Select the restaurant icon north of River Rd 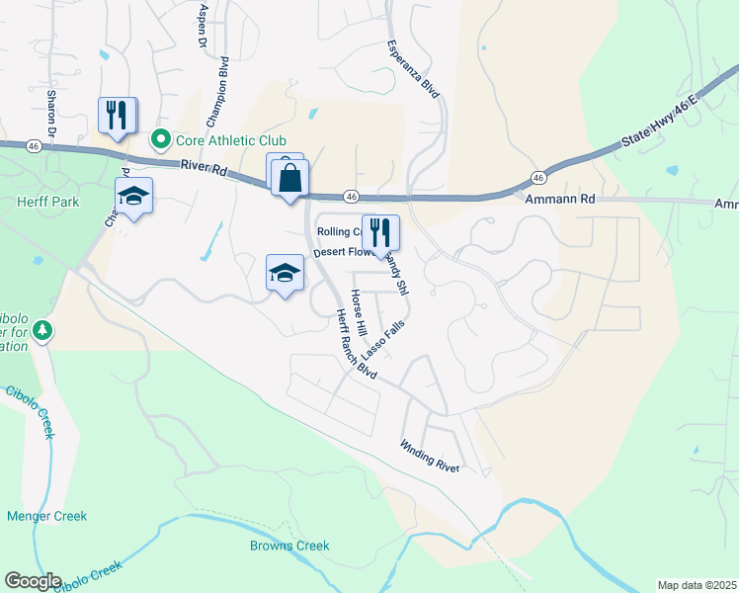coord(118,117)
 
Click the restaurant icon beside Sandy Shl coord(380,234)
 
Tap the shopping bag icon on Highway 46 coord(289,180)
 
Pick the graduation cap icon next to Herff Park coord(133,198)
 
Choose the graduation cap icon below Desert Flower coord(285,274)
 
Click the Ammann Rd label coord(559,199)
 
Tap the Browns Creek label coord(289,546)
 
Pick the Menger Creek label coord(46,516)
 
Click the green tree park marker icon coord(41,330)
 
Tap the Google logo coord(33,580)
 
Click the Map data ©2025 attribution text coord(696,585)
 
